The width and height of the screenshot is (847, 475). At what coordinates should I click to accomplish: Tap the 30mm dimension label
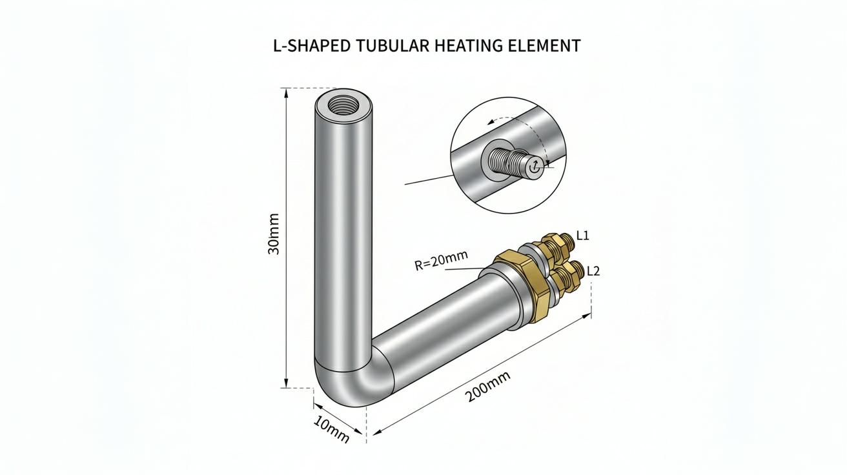(273, 234)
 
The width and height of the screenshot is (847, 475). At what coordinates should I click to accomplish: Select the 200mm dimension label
(488, 392)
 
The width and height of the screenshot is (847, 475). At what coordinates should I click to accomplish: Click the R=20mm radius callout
(442, 260)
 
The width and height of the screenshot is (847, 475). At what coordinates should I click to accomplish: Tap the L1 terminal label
(583, 236)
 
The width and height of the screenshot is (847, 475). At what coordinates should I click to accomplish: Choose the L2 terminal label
(593, 271)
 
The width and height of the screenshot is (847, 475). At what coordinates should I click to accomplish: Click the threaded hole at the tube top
(343, 105)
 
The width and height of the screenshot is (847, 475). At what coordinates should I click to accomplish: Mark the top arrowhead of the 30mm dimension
(286, 92)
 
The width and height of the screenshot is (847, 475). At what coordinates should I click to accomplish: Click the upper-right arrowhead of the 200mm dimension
(587, 316)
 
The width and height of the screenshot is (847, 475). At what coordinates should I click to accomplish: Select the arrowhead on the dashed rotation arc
(491, 122)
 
